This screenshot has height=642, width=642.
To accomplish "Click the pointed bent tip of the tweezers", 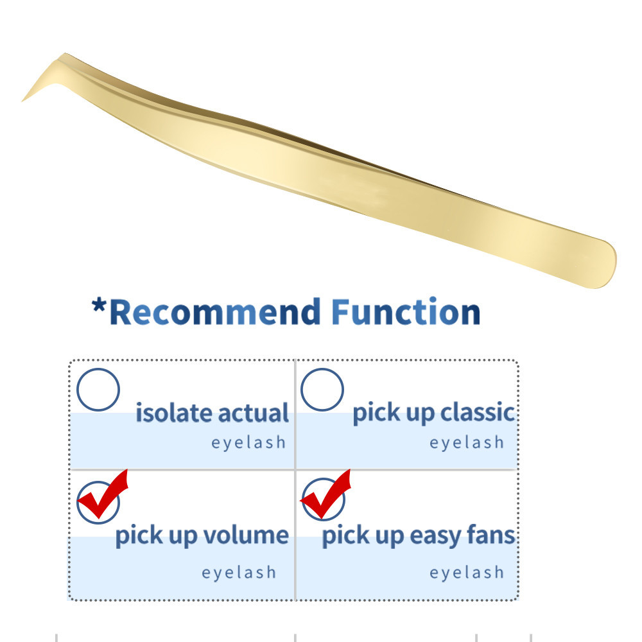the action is (22, 100).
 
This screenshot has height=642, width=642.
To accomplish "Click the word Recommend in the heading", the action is (215, 312).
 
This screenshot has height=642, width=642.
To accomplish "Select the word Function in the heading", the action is (405, 311).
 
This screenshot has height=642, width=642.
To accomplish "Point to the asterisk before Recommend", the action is (99, 306).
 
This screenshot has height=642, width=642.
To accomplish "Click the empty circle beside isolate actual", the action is (98, 390).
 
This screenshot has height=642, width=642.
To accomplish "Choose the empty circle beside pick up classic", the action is (322, 390).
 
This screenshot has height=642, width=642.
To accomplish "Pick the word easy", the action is (435, 536).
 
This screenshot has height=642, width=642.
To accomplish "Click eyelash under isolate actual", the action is (248, 442).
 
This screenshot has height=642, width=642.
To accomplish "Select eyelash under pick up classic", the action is (467, 442).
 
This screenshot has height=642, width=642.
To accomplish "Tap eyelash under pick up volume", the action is (239, 572).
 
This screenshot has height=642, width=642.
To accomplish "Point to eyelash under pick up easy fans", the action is (467, 572).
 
